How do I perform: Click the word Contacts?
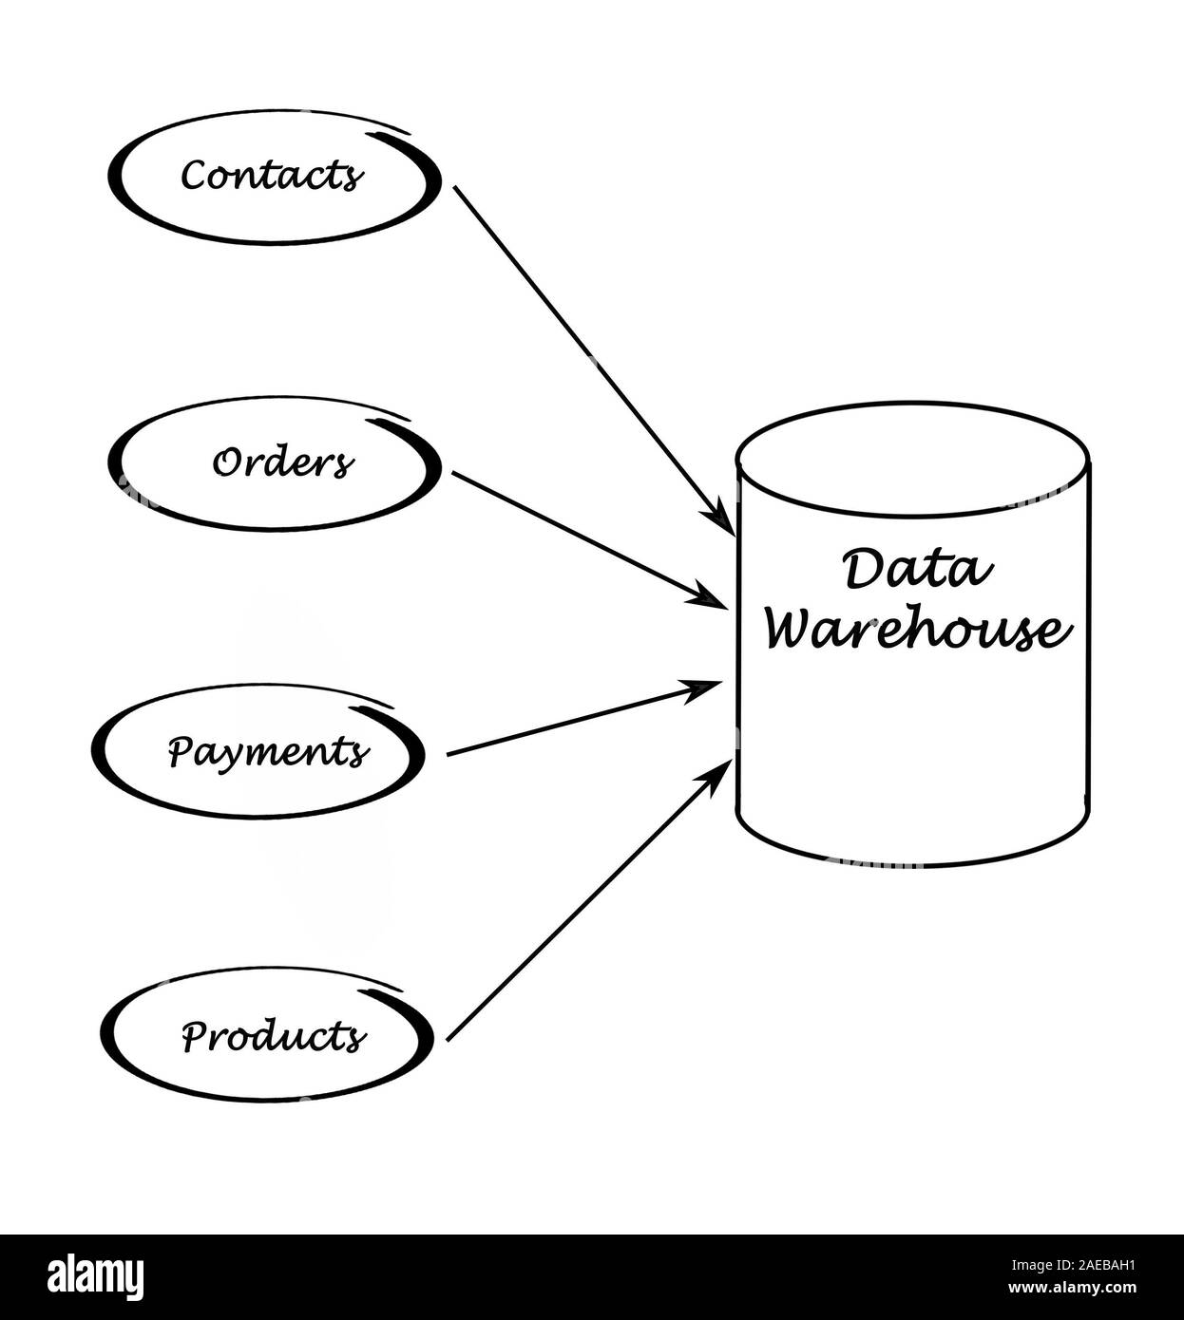point(272,176)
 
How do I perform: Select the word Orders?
point(282,464)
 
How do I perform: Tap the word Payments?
point(268,752)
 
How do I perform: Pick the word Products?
point(273,1035)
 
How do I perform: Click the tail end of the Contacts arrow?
point(457,189)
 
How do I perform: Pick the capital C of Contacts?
point(193,176)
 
